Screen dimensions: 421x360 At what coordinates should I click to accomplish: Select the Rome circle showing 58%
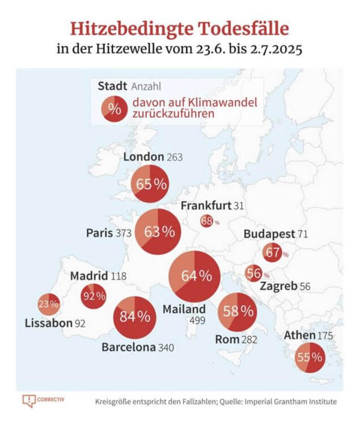coord(238,311)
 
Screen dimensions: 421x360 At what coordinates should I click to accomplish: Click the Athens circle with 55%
coord(310,358)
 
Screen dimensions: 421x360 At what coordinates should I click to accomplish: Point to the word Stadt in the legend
coord(112,87)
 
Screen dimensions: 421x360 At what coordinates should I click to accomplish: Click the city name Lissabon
coord(48,324)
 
